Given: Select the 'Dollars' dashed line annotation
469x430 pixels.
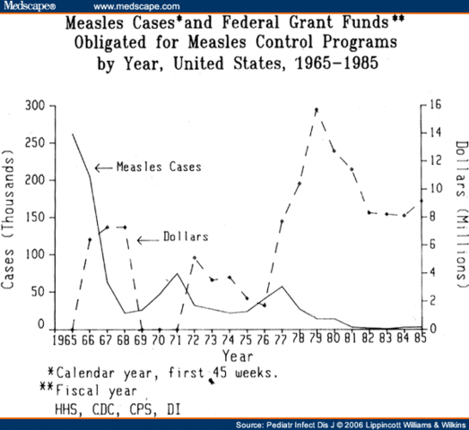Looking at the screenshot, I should click(x=185, y=237).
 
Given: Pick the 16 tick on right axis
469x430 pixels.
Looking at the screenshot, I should click(x=432, y=107).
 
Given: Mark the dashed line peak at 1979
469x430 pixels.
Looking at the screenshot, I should click(x=316, y=109).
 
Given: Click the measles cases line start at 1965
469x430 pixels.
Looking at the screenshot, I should click(x=72, y=134).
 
